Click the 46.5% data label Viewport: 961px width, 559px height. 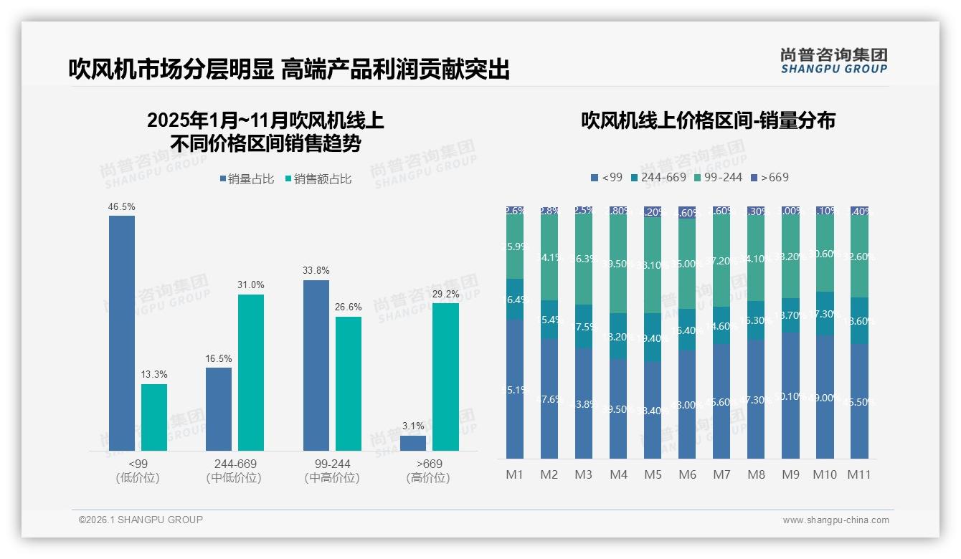(121, 206)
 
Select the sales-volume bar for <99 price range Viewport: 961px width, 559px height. (122, 333)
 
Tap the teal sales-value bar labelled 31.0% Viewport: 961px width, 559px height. (251, 372)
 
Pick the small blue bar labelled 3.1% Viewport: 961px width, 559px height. (413, 443)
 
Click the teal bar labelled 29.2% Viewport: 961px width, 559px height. (445, 376)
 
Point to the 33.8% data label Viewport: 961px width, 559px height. (316, 271)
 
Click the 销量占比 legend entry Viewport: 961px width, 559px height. (247, 179)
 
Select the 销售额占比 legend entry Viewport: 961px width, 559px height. (318, 179)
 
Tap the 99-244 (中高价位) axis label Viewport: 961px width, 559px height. (332, 471)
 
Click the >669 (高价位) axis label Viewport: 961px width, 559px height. (428, 471)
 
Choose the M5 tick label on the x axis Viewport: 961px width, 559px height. (653, 474)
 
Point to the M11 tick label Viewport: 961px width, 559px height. (858, 474)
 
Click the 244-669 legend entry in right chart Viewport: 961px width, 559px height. (658, 177)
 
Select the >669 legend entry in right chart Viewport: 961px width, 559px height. (770, 177)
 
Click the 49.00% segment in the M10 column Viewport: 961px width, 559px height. (825, 396)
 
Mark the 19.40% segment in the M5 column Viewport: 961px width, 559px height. (653, 338)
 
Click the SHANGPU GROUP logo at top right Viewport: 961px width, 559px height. (833, 61)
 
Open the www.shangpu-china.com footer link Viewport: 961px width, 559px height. (835, 520)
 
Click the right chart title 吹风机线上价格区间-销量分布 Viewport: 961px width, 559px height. (708, 120)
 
